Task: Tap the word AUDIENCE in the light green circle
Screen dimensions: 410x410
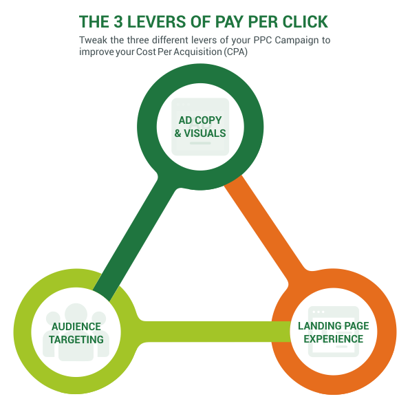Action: (76, 326)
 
